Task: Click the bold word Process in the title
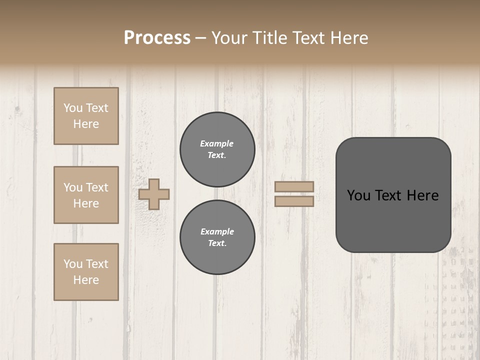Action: [157, 38]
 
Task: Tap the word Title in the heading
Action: [267, 38]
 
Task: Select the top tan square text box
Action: [86, 116]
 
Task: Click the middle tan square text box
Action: [86, 195]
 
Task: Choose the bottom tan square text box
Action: [86, 272]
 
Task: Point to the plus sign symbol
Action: [154, 194]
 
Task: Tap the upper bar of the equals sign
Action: [294, 186]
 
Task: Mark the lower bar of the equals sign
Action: [294, 201]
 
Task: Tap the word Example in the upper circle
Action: [217, 143]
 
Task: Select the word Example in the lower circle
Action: [217, 231]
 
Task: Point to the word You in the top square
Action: [72, 108]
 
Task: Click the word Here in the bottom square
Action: [86, 280]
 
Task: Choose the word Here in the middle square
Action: [86, 203]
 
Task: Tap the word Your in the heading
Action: [230, 38]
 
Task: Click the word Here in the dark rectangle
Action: [423, 195]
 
